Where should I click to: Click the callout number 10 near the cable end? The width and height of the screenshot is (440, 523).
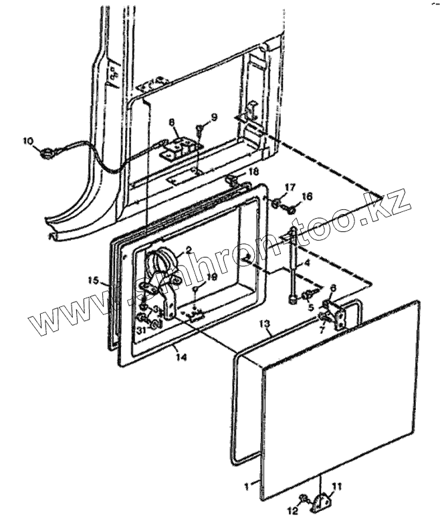[27, 140]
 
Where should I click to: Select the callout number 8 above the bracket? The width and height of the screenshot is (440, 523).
[171, 122]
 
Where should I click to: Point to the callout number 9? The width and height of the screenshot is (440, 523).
[214, 117]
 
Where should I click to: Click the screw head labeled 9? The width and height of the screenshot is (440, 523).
[199, 128]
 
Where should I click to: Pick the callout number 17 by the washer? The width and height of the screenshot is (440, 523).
[290, 187]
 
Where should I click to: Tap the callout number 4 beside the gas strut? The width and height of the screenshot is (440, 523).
[306, 264]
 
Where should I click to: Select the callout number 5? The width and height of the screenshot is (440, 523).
[310, 308]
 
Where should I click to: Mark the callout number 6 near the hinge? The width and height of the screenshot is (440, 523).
[332, 288]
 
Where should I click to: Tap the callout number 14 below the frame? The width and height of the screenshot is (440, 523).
[181, 357]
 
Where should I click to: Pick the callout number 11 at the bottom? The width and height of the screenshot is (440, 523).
[338, 486]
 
